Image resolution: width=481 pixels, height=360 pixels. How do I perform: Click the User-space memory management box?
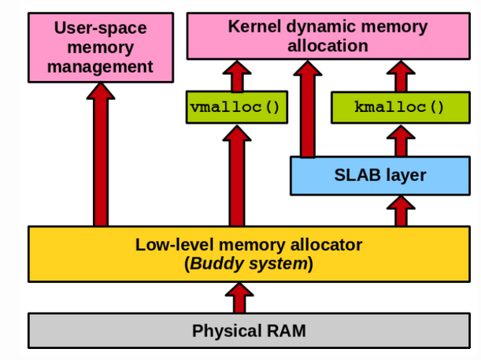click(100, 47)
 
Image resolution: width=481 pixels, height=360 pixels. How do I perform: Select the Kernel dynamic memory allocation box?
click(327, 36)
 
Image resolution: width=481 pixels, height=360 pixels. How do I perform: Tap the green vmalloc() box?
click(235, 107)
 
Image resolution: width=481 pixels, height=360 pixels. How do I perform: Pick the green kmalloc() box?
click(400, 107)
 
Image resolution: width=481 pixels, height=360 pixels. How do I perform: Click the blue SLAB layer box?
click(381, 175)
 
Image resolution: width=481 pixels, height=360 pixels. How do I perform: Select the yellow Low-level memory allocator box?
click(249, 254)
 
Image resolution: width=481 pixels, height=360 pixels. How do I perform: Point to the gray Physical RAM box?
click(249, 331)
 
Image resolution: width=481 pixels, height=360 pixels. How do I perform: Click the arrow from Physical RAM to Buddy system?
click(239, 298)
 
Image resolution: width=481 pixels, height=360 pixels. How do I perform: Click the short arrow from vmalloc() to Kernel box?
click(235, 76)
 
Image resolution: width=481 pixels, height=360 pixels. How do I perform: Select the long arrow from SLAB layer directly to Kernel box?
click(308, 110)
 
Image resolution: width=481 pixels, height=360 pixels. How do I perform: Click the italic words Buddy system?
click(247, 264)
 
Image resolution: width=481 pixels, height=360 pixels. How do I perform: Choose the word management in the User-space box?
click(100, 66)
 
